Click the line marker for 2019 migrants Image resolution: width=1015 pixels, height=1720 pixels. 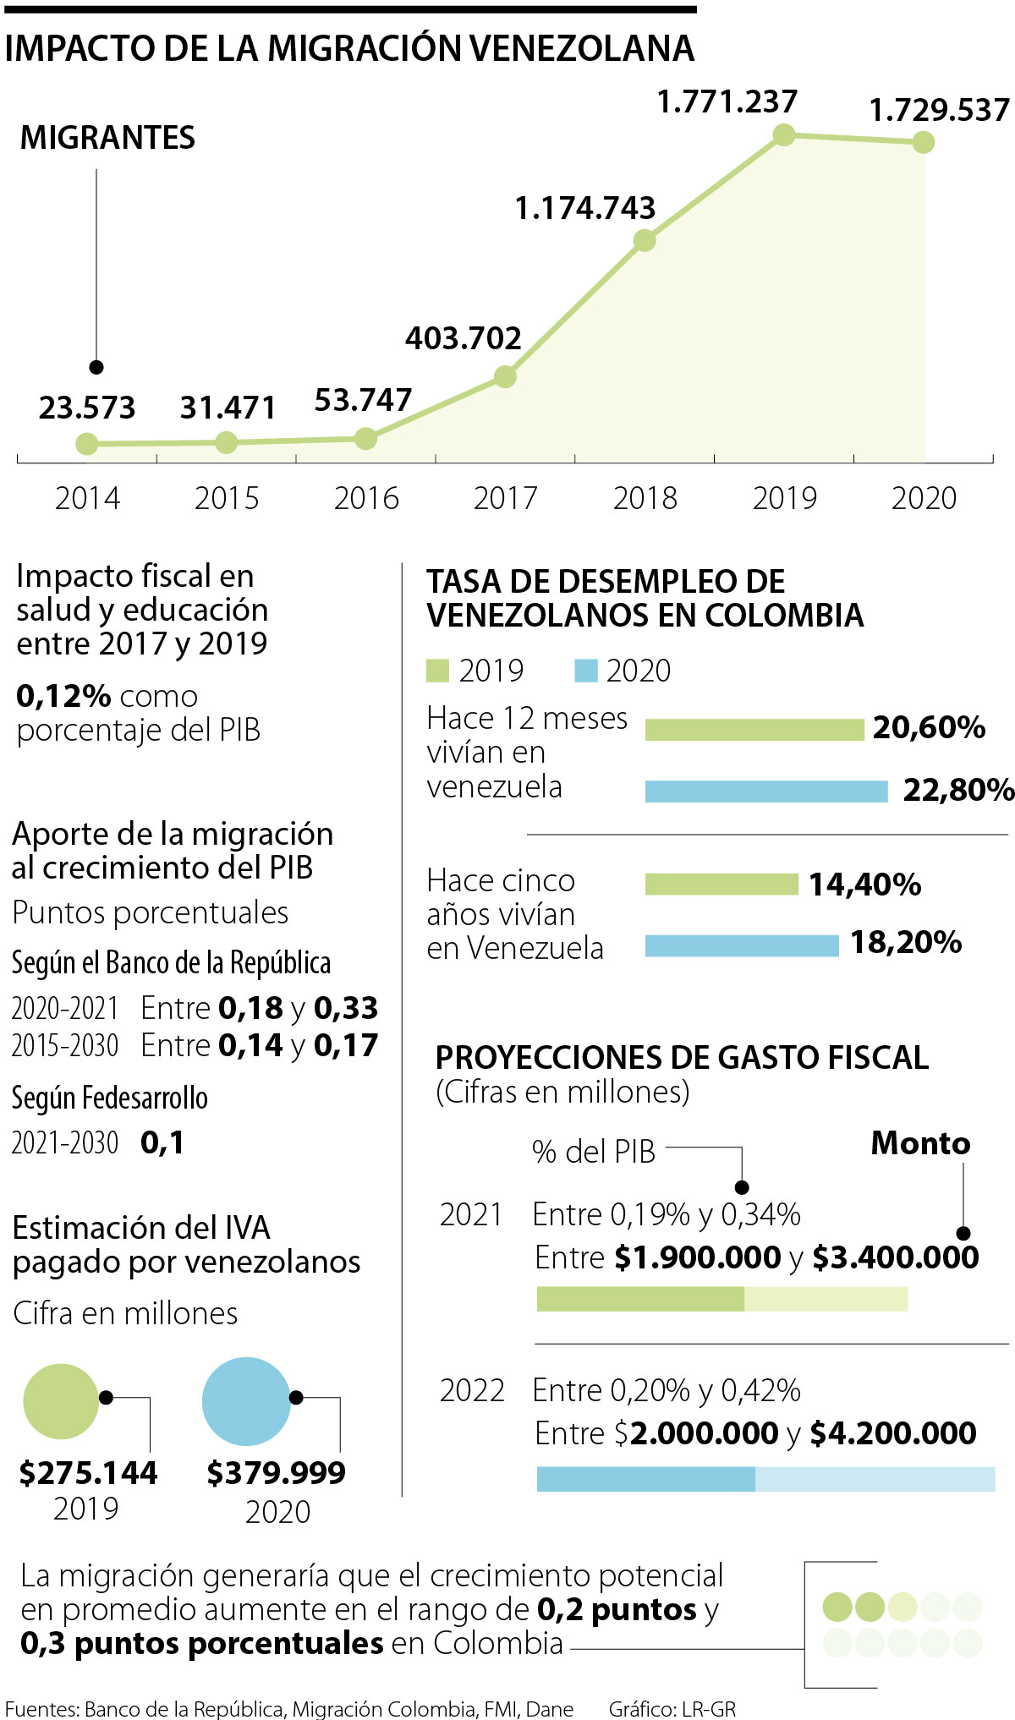click(784, 134)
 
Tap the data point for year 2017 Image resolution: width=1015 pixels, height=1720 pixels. click(505, 376)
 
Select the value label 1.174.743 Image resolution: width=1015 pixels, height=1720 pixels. click(585, 208)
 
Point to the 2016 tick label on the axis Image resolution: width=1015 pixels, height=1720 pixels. click(366, 498)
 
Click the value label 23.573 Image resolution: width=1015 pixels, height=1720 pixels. click(87, 408)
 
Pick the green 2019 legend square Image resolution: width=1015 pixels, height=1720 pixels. click(437, 671)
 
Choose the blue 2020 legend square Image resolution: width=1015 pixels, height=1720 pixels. click(585, 671)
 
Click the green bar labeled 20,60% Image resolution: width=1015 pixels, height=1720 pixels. click(754, 729)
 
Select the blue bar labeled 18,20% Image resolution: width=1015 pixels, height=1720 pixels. click(741, 945)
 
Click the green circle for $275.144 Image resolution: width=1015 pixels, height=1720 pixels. click(61, 1401)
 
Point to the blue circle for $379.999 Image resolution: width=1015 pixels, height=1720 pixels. click(246, 1401)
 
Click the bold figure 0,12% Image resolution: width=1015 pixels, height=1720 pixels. click(63, 696)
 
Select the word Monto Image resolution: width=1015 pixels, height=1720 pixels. click(920, 1143)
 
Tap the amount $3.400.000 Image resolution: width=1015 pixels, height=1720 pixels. click(895, 1257)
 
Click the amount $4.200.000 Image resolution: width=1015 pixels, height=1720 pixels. click(892, 1433)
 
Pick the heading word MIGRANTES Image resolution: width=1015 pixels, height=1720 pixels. click(107, 138)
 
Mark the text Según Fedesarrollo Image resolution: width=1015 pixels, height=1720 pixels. click(110, 1098)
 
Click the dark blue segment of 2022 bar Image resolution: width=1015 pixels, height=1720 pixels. click(645, 1479)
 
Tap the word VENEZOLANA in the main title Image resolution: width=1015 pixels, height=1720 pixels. click(582, 48)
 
